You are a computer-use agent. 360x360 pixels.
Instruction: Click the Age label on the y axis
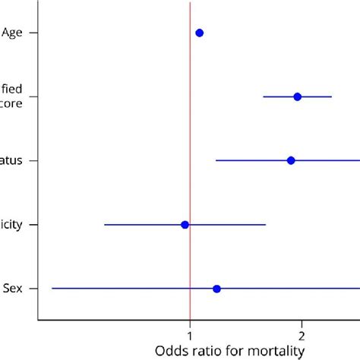click(12, 33)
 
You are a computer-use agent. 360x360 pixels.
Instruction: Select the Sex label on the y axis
click(12, 289)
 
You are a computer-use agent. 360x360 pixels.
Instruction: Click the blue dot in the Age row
click(200, 33)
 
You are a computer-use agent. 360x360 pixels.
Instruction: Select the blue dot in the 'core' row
click(297, 96)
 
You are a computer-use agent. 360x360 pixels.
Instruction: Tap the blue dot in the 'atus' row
click(291, 160)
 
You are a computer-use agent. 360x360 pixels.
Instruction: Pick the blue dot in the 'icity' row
click(185, 225)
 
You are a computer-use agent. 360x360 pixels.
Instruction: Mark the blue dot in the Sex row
click(216, 289)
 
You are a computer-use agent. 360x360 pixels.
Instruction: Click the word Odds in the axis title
click(171, 351)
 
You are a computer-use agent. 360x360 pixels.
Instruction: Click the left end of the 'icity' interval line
click(105, 225)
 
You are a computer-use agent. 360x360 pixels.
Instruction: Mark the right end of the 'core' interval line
click(331, 96)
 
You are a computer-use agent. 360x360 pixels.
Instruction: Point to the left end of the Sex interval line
click(52, 289)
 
